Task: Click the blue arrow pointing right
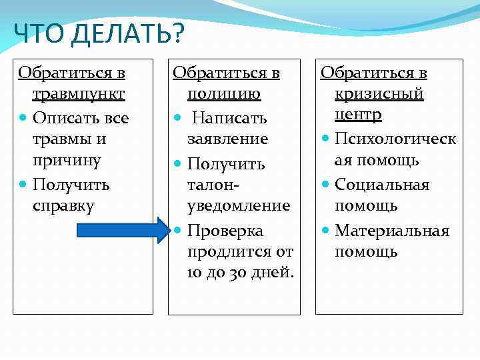click(x=124, y=231)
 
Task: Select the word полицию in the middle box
click(x=223, y=95)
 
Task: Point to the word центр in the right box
click(x=359, y=115)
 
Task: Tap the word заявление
click(x=227, y=139)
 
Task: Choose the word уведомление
click(x=239, y=206)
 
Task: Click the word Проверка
click(x=226, y=231)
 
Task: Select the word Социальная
click(x=382, y=185)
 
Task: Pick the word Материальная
click(x=392, y=231)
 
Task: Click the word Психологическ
click(x=395, y=139)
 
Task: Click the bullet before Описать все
click(x=23, y=119)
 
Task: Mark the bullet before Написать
click(x=178, y=119)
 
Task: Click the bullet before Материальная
click(x=325, y=231)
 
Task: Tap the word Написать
click(x=230, y=118)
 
